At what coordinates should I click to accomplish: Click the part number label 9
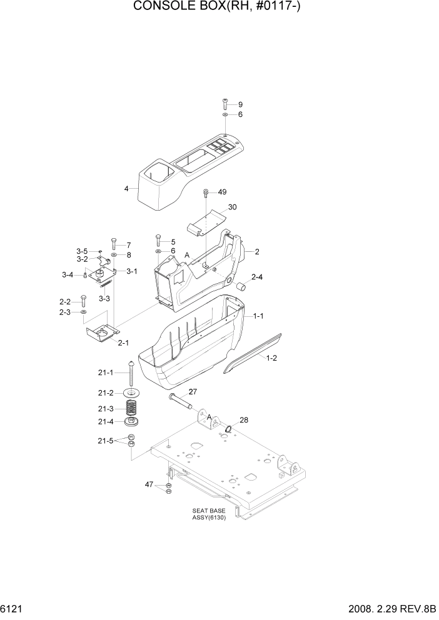[240, 104]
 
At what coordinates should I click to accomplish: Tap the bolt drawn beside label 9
[226, 104]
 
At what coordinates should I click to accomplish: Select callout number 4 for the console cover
[126, 188]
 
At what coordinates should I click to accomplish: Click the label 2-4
[257, 277]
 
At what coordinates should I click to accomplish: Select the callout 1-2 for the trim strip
[271, 359]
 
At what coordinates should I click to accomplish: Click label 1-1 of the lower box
[258, 317]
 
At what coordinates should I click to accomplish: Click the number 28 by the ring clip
[243, 420]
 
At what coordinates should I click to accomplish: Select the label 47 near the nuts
[149, 485]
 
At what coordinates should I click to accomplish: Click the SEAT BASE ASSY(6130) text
[209, 514]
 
